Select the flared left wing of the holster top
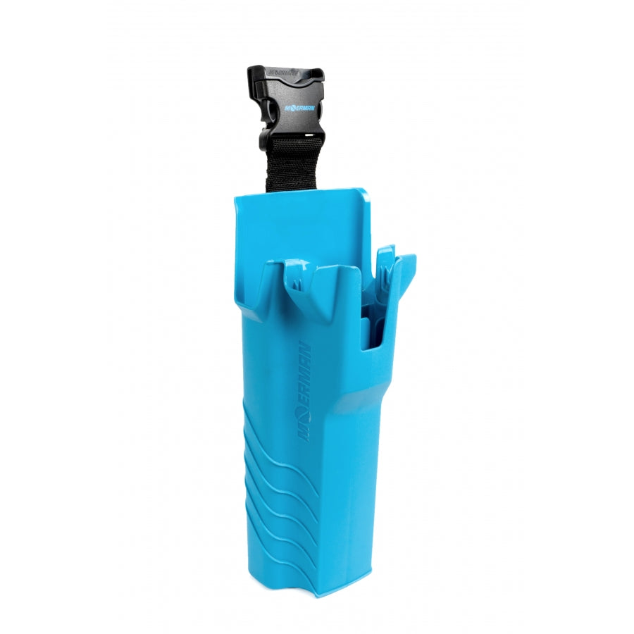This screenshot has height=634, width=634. [x=247, y=282]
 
